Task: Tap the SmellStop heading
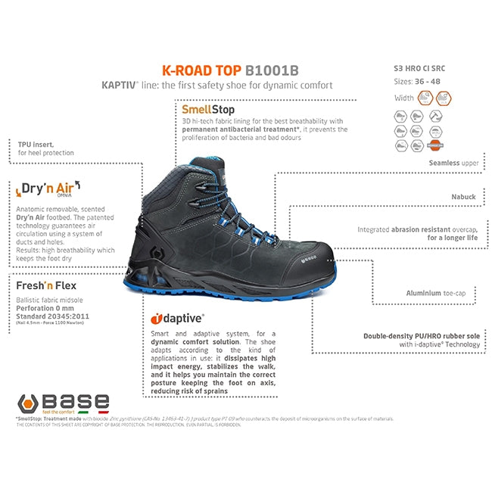pyautogui.click(x=203, y=110)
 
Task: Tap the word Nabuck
pyautogui.click(x=462, y=197)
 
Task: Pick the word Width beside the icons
pyautogui.click(x=404, y=98)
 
